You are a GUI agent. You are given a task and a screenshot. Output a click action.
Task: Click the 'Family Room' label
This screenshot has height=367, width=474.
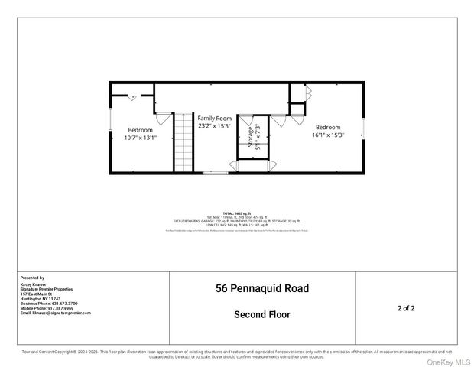214,119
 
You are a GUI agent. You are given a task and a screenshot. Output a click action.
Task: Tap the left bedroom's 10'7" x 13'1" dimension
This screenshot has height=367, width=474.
140,138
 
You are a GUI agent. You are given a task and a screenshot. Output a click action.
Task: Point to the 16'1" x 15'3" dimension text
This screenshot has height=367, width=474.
328,135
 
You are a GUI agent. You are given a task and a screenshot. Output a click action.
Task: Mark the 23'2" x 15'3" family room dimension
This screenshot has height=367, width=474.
214,127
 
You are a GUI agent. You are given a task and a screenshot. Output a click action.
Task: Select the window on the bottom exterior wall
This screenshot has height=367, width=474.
214,174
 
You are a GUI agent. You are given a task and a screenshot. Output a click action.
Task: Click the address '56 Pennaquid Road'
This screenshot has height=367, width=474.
261,289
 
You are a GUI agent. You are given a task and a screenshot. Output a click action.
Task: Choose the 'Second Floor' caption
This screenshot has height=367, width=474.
261,314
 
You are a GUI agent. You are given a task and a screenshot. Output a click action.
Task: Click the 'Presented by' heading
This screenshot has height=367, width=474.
32,278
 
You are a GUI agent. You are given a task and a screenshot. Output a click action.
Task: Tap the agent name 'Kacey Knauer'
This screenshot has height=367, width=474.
34,284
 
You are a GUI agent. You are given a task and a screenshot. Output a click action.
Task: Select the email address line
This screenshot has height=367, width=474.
55,313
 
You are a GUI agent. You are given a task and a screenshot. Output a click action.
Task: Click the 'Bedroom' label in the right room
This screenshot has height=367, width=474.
328,127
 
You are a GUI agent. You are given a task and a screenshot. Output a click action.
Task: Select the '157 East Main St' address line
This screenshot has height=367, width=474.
36,294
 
